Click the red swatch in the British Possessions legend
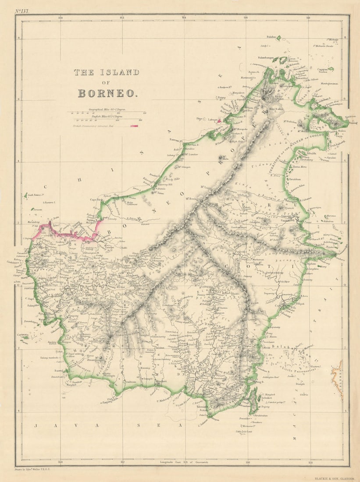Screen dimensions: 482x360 click(134, 126)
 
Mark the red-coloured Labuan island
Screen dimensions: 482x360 click(219, 120)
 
